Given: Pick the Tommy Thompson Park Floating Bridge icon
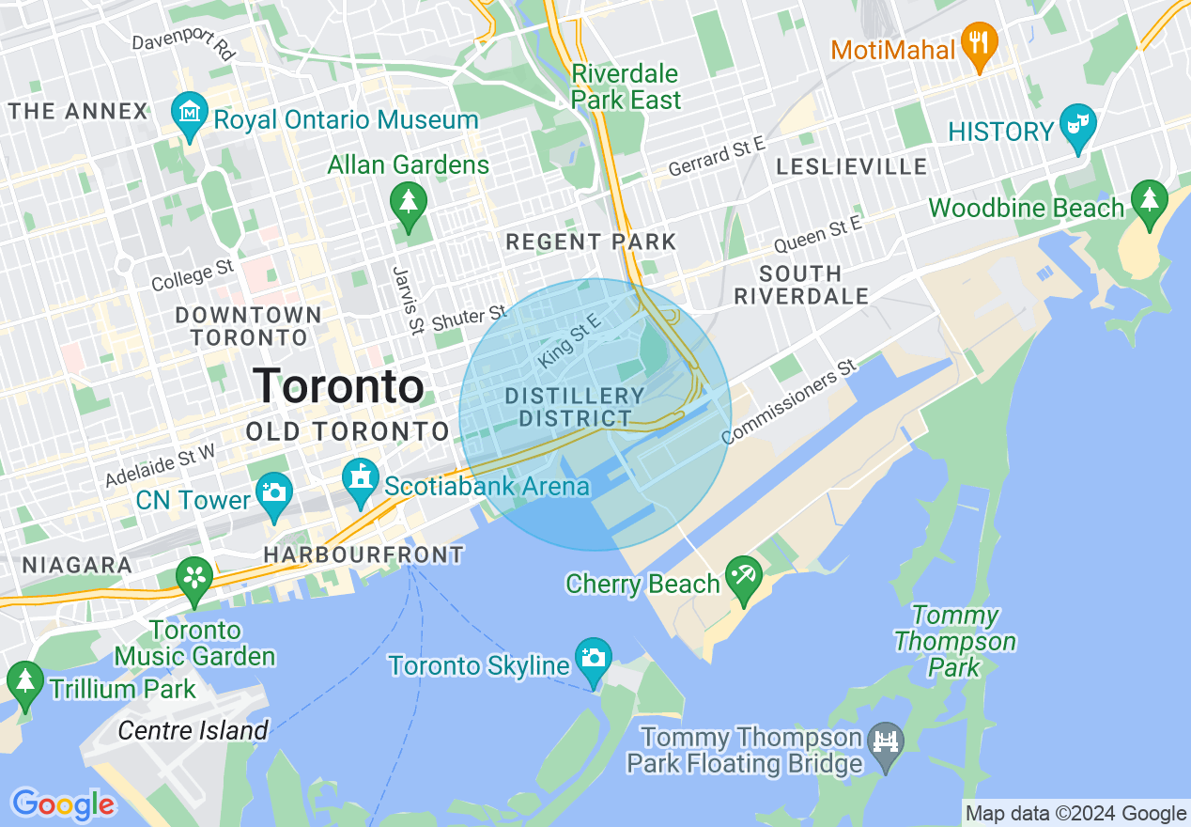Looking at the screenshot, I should point(886,742).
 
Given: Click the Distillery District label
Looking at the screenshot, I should point(575,407).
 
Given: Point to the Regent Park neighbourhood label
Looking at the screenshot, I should point(591,242).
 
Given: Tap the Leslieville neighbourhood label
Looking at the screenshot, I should point(851,167).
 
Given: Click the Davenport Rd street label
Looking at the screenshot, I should point(182,45).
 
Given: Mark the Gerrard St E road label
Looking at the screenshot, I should point(717,157).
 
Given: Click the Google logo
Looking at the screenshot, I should point(63,804).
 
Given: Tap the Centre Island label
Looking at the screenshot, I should point(193,730).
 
